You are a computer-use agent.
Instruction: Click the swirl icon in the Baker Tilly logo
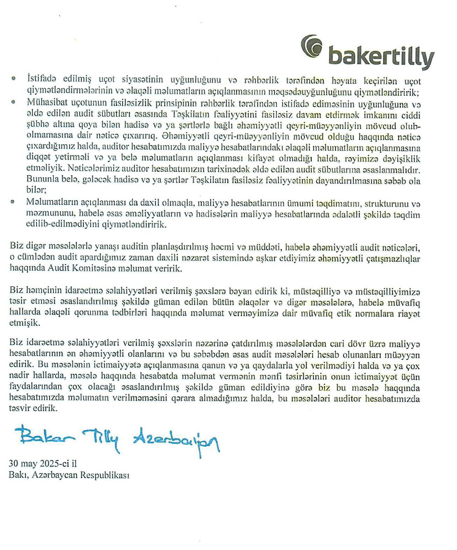click(312, 47)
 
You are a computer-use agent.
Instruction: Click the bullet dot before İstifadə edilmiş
click(14, 79)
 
